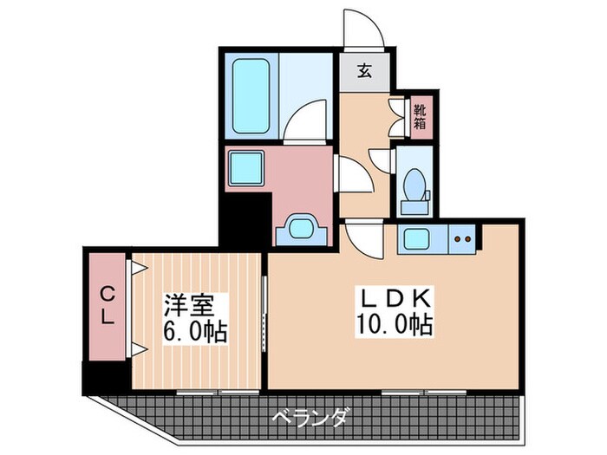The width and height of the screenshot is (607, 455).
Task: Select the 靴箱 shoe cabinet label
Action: tap(419, 116)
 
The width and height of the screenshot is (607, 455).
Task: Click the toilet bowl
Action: tap(415, 181)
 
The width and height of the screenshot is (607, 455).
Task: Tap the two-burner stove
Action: tap(463, 237)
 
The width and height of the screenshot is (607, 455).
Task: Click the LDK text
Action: tap(395, 300)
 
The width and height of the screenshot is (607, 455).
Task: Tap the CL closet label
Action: tap(107, 305)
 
